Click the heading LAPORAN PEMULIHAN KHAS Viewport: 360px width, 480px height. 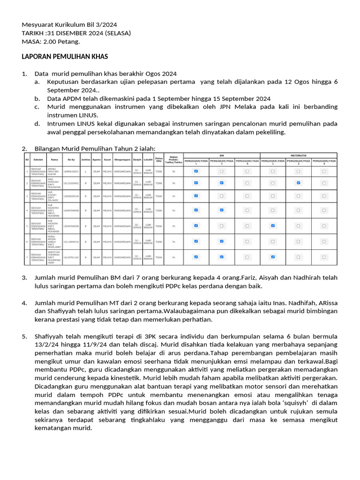(x=65, y=57)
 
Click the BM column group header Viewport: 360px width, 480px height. (x=222, y=155)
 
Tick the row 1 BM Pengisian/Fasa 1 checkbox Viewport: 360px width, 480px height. (x=196, y=171)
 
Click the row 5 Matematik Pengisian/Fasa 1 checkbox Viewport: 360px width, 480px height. (x=272, y=226)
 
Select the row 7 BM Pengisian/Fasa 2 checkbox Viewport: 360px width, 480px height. (x=222, y=256)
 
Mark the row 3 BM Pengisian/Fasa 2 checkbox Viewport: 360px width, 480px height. (x=222, y=195)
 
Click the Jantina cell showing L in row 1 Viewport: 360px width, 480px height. (x=86, y=172)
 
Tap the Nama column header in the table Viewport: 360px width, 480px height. (x=55, y=159)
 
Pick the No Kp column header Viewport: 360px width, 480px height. (x=71, y=159)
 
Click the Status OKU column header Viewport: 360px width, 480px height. (x=159, y=159)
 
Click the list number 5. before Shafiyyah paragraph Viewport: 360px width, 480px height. (x=25, y=337)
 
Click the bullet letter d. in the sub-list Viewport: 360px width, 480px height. (x=37, y=124)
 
